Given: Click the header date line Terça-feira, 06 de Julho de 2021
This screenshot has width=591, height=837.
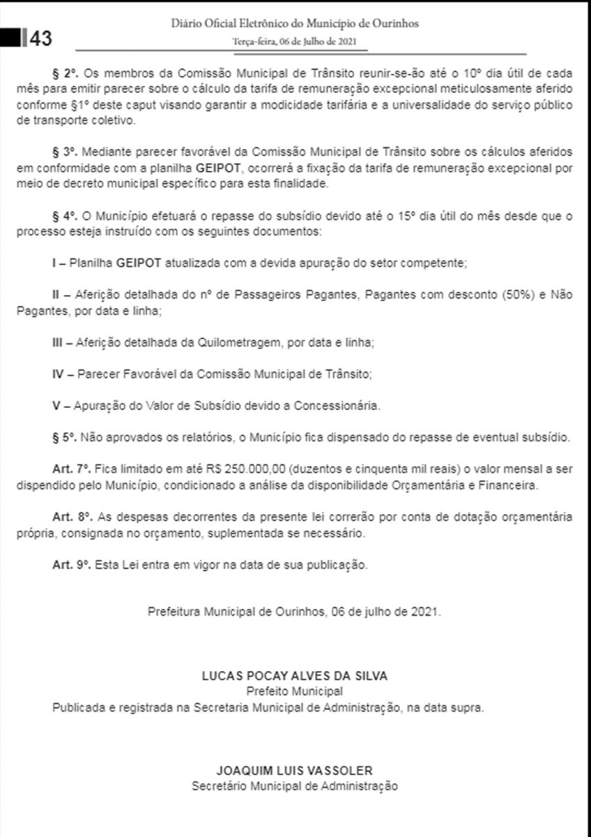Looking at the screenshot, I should [295, 42].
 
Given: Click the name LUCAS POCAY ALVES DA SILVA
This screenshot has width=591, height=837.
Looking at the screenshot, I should [295, 676].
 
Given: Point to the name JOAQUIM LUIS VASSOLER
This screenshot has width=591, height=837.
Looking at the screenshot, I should [295, 771].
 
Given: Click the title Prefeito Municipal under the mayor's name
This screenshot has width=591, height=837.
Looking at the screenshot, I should [295, 691].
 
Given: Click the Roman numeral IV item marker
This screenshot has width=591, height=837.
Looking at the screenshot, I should [59, 375].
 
